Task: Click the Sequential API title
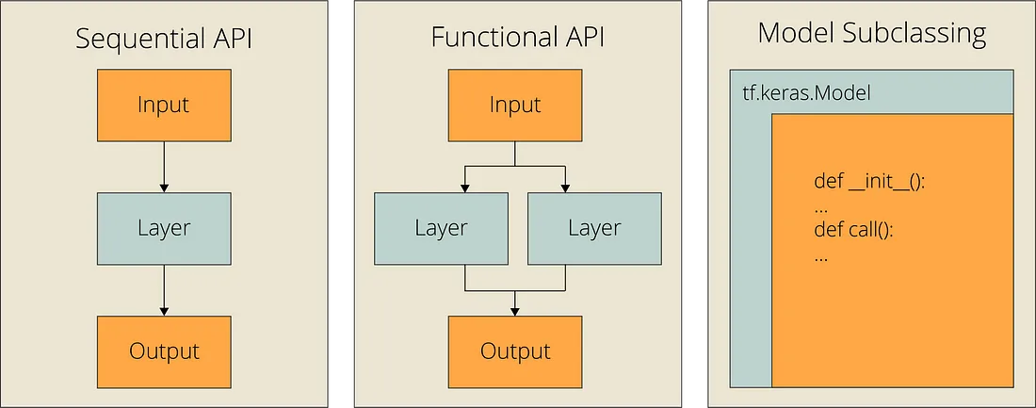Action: (164, 40)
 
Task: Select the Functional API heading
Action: (517, 38)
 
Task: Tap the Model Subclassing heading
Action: (871, 35)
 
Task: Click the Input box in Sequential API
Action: (164, 104)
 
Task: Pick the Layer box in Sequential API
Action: (164, 227)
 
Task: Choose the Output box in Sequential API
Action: (164, 351)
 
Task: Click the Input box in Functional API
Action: (514, 105)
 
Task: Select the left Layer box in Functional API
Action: (440, 227)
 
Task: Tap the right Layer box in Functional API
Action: (592, 227)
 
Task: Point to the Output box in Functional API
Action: (514, 351)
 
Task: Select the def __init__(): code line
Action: (869, 182)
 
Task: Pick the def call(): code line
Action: (852, 231)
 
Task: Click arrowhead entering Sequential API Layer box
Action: (164, 188)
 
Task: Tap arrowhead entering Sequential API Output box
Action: (164, 311)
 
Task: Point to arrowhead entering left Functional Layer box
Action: (464, 188)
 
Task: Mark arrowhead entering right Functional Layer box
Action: (565, 188)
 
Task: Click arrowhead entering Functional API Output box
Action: (514, 311)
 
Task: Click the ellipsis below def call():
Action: (820, 255)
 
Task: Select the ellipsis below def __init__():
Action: (820, 206)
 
